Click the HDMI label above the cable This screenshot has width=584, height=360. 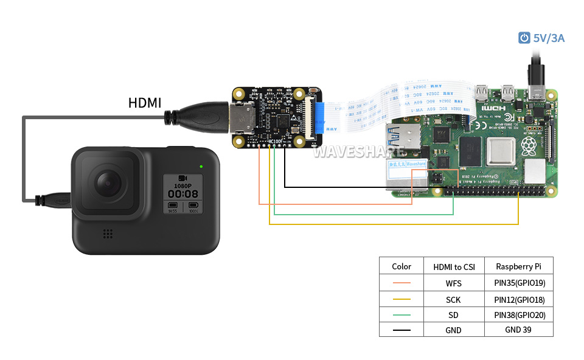(145, 103)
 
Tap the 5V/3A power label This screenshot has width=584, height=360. (549, 38)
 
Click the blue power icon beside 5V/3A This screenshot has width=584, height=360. (524, 38)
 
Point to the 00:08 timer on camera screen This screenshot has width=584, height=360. (182, 193)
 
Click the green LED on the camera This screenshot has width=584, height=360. (200, 166)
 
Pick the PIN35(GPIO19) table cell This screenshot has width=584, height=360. (519, 283)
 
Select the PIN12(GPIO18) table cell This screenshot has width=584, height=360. (519, 299)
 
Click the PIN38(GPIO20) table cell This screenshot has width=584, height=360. (519, 315)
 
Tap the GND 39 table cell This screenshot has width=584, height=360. (519, 330)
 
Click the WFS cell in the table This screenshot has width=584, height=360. (454, 283)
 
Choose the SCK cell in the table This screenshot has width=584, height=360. (454, 299)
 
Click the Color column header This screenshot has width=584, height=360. (401, 266)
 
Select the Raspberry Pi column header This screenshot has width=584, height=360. (519, 266)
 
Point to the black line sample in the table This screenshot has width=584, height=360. (401, 330)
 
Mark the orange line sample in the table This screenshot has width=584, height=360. (401, 283)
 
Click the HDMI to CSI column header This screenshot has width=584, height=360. (454, 266)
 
